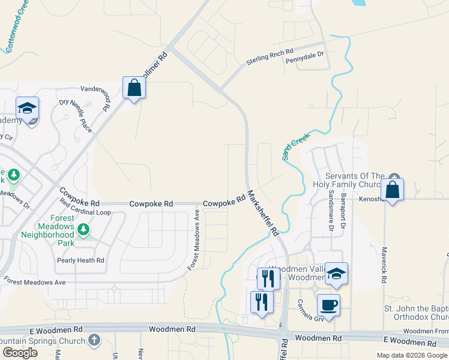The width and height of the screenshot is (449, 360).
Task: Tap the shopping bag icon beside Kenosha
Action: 392,190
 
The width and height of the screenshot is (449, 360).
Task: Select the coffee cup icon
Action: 328,305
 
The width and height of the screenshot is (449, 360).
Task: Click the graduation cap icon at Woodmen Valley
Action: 337,274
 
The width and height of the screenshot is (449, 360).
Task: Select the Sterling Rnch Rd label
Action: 270,58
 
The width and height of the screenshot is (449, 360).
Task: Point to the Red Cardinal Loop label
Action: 85,212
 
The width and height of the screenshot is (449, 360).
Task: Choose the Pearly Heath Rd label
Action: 80,260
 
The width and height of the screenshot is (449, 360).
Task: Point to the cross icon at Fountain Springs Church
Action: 94,340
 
